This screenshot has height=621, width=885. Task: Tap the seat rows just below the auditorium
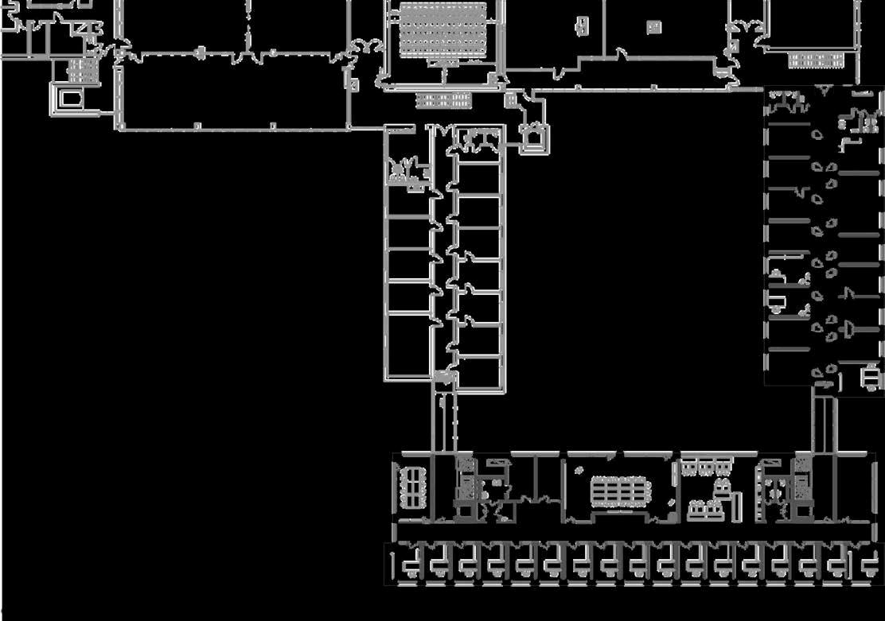tap(443, 99)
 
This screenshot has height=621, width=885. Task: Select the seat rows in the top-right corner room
tap(815, 60)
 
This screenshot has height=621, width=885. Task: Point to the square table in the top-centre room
tap(653, 27)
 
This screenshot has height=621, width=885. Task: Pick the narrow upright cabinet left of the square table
tap(583, 26)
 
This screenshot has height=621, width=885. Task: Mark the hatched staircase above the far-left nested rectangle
tap(81, 71)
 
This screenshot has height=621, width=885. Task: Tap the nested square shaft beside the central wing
tap(534, 138)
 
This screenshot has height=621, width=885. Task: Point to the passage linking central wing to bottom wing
tap(445, 421)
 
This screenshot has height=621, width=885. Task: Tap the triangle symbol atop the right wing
tap(824, 91)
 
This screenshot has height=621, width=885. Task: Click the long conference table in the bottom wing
tap(620, 491)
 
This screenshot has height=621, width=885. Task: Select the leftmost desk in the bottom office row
tap(410, 565)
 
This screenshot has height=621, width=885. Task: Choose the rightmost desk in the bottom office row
tap(869, 565)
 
